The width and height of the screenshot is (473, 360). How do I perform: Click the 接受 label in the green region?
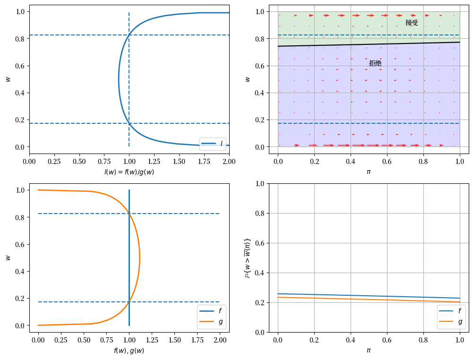pos(412,23)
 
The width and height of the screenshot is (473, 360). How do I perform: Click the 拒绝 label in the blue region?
pos(375,63)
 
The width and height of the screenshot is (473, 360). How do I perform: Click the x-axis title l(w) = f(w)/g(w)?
pos(129,172)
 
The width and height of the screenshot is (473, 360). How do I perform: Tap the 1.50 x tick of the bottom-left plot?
pos(175,339)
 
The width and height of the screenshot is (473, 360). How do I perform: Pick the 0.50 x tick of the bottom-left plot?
pos(84,339)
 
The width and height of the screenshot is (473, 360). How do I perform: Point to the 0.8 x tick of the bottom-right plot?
pos(423,339)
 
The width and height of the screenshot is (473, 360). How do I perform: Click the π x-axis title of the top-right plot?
pos(369,171)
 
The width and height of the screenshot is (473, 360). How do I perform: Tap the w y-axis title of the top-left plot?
pos(8,79)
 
